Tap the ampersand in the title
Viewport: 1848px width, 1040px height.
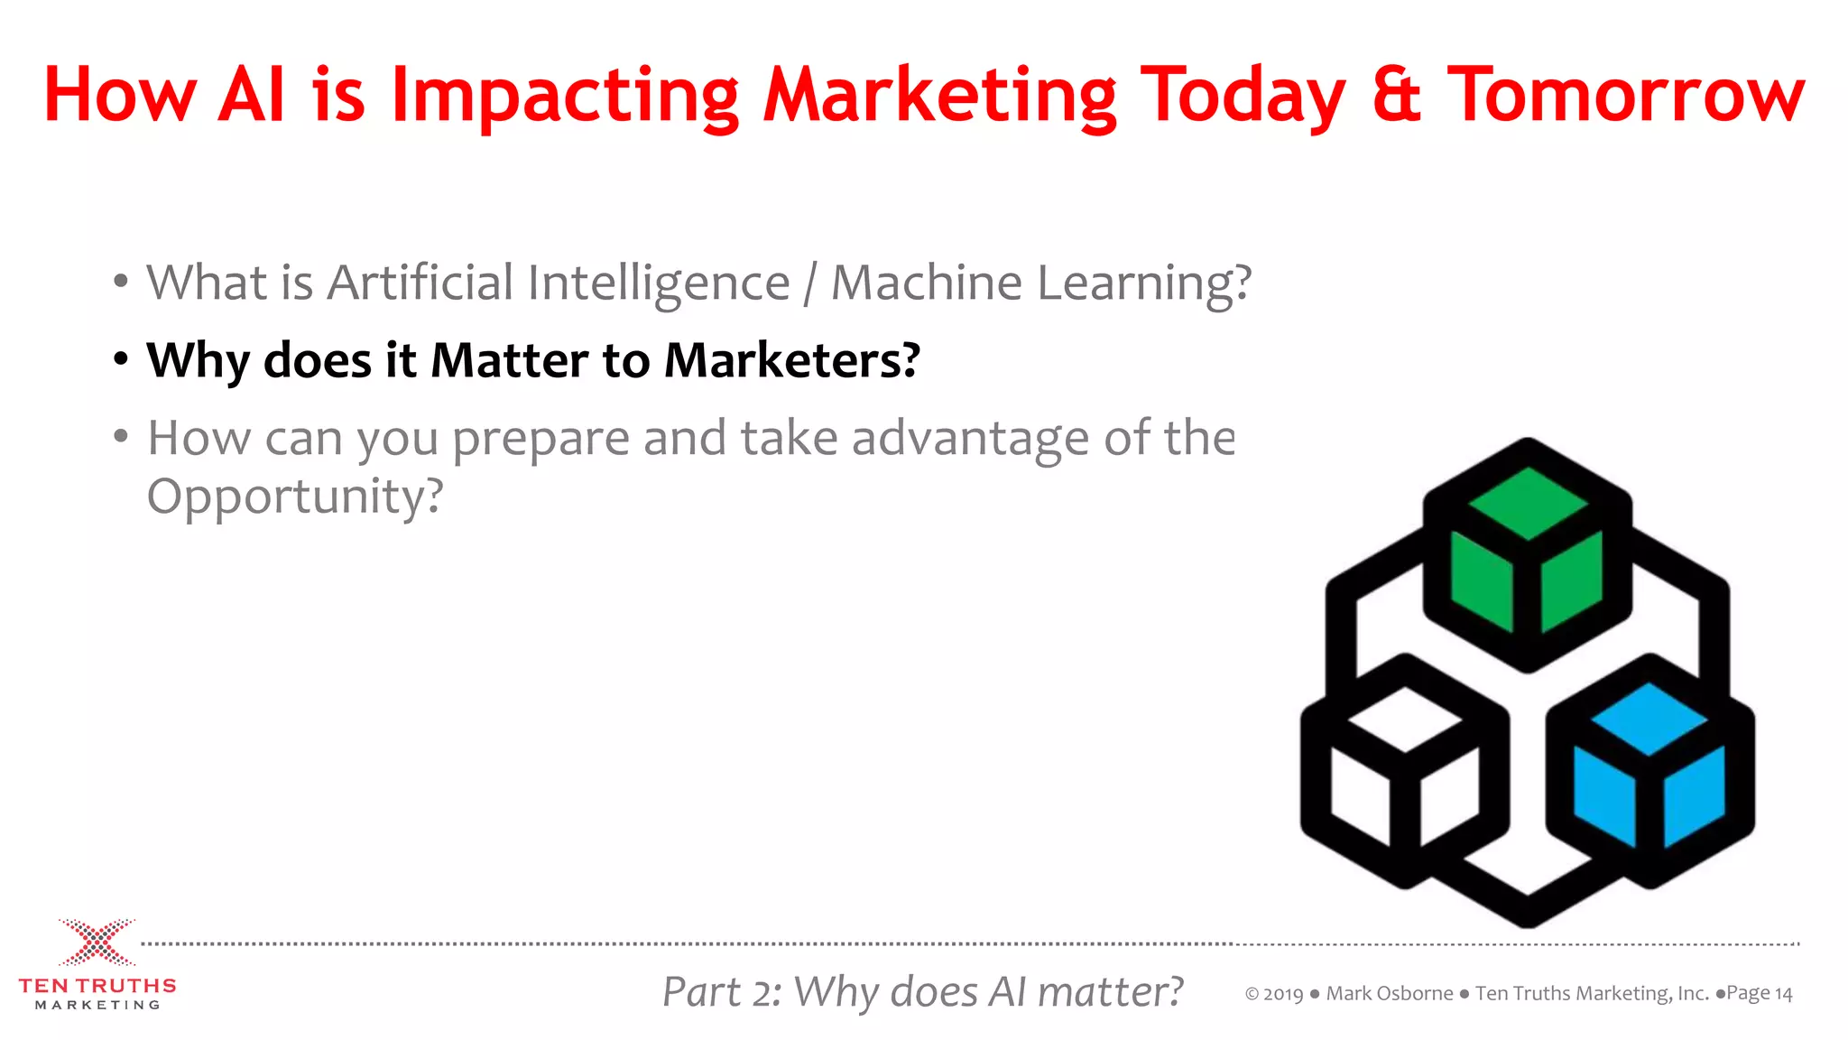coord(1396,95)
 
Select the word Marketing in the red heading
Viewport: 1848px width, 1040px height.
coord(939,95)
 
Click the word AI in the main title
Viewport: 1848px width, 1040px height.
coord(252,95)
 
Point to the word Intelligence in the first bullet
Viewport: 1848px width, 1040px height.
coord(659,283)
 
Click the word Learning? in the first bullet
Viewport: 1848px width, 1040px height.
coord(1144,283)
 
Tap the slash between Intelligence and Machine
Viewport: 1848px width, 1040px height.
coord(810,283)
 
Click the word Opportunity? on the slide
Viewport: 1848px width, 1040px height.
coord(295,497)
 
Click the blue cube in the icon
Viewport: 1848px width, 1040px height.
coord(1649,767)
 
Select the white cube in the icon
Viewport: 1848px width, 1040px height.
coord(1404,767)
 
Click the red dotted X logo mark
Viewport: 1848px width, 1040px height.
coord(97,942)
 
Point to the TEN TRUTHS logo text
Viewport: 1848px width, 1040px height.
coord(97,986)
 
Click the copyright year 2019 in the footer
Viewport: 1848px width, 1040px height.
coord(1283,994)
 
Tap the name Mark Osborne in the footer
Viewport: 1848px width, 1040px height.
coord(1390,994)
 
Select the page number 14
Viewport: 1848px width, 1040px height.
coord(1783,994)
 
